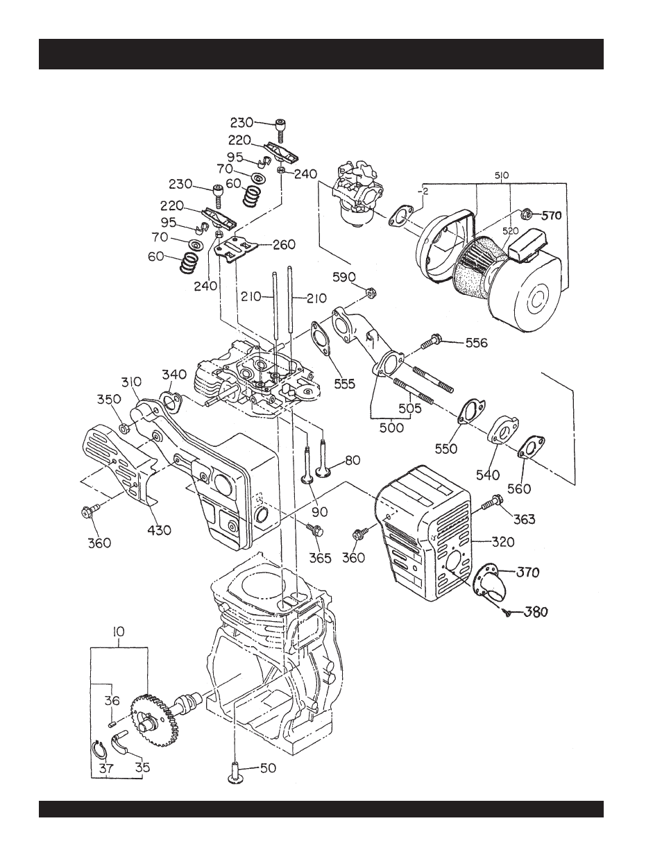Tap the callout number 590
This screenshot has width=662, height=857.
pyautogui.click(x=344, y=277)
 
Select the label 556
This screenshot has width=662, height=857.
pyautogui.click(x=477, y=343)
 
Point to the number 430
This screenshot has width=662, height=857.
pyautogui.click(x=160, y=529)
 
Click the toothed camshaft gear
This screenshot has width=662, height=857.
pyautogui.click(x=155, y=725)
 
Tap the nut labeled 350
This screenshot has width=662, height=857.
pyautogui.click(x=124, y=427)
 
